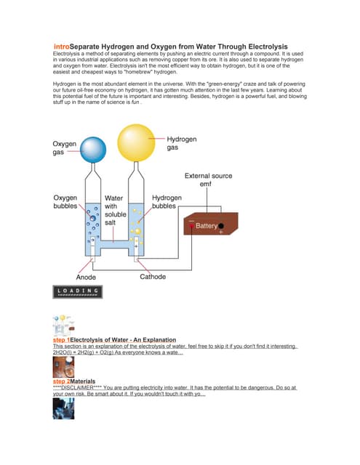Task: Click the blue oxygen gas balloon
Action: coord(94,151)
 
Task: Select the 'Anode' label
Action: coord(86,277)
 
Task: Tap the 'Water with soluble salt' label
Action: coord(116,210)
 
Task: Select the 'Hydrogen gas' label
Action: coord(183,143)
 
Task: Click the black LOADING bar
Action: coord(78,291)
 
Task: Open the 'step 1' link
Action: coord(61,340)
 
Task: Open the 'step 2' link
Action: coord(61,381)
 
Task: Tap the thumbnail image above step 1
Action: coord(63,324)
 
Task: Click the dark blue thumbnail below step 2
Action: coord(63,408)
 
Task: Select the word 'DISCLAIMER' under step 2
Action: coord(82,388)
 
